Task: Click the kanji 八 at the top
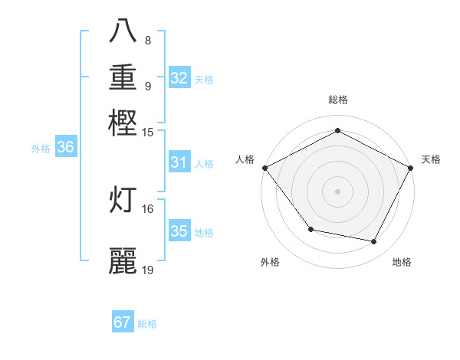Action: pos(123,33)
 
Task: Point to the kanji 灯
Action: pos(123,198)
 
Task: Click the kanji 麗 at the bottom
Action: pos(123,260)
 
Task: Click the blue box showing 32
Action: pos(179,78)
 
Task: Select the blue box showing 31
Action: pos(179,162)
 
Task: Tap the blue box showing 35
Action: pos(179,231)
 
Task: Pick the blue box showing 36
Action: pos(65,148)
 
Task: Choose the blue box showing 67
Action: pos(123,322)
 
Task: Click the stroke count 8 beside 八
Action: pos(147,40)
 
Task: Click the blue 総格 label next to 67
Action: pos(147,324)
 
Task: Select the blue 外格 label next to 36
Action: pos(41,149)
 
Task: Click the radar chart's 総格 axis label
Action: pos(337,100)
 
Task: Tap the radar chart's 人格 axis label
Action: pos(245,159)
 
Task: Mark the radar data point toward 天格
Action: pos(411,168)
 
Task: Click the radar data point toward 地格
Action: pos(374,242)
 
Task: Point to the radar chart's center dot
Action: pos(337,191)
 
